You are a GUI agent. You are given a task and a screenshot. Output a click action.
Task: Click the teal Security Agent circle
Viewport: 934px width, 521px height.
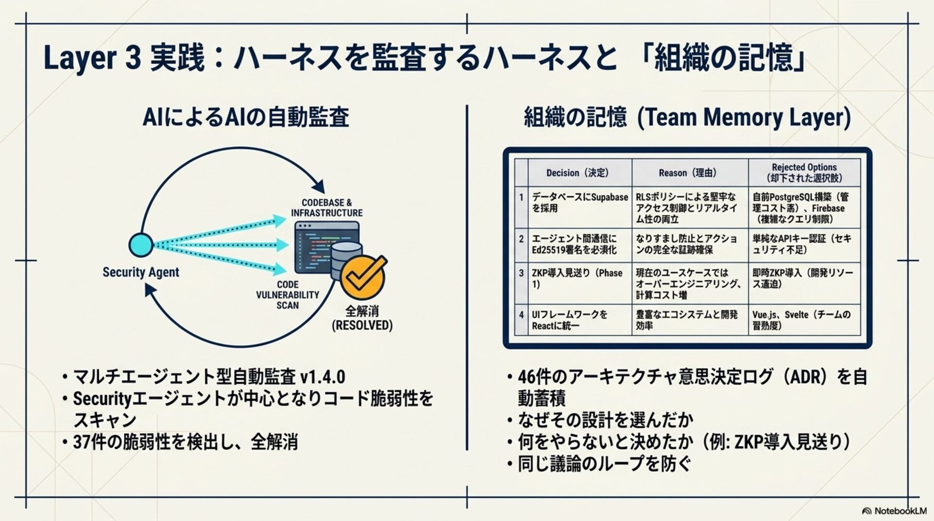(141, 244)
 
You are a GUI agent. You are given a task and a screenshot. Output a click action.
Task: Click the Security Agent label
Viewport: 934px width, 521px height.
(141, 272)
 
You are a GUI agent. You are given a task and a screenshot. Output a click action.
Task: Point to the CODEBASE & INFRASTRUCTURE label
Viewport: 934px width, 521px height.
(326, 208)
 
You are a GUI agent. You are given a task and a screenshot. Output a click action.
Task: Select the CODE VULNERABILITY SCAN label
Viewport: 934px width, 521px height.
(287, 295)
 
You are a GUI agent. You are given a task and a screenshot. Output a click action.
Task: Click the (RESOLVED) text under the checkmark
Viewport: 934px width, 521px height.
(362, 325)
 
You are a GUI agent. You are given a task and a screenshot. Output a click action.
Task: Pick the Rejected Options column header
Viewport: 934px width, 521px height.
(804, 173)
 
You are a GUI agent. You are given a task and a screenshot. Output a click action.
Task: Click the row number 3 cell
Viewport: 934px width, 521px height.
(521, 273)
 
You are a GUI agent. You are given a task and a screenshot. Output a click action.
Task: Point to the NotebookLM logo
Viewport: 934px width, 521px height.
(894, 511)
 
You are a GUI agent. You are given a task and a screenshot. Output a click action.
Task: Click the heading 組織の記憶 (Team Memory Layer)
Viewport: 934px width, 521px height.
(687, 117)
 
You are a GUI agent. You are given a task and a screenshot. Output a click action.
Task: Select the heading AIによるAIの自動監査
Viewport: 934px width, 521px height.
(246, 117)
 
